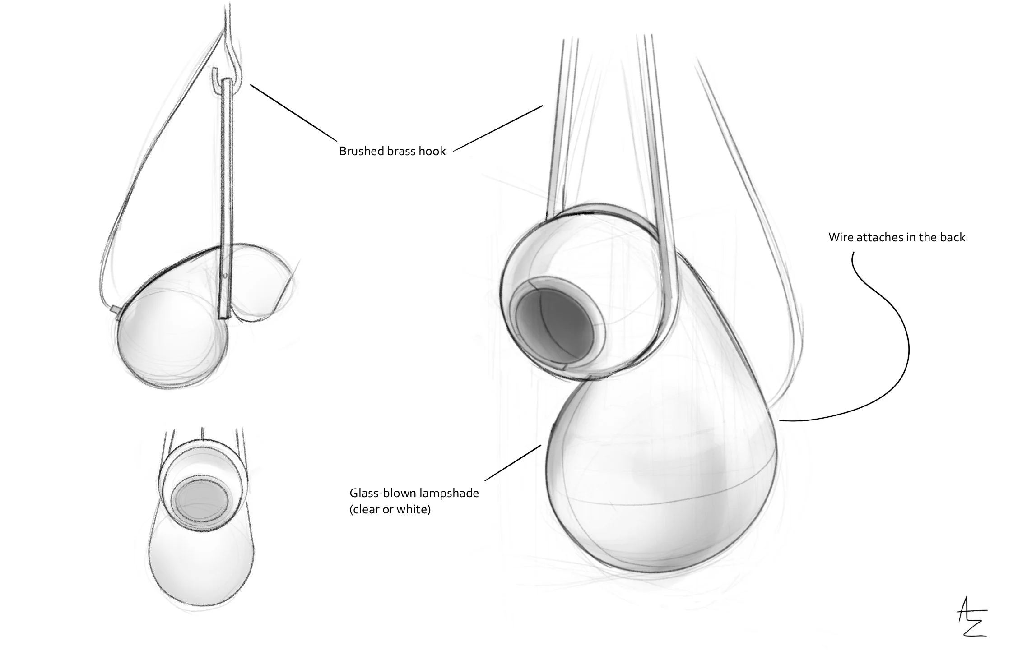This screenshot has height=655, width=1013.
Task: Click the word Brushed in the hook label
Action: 359,151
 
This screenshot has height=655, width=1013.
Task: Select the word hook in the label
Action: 432,151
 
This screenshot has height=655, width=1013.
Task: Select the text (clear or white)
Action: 390,510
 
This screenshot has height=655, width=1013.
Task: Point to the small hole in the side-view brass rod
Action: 225,274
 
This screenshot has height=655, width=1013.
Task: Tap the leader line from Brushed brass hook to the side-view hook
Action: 293,113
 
